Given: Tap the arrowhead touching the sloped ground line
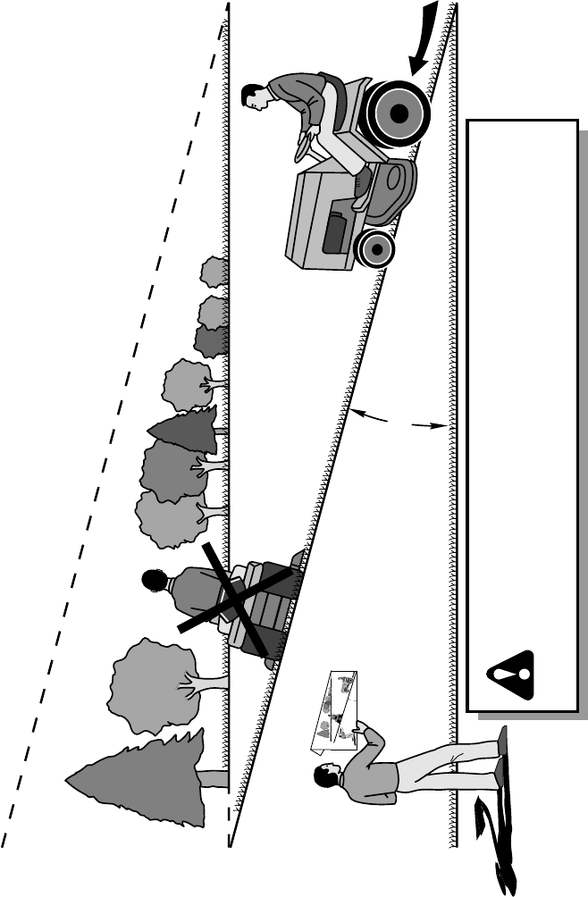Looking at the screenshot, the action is point(356,413).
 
